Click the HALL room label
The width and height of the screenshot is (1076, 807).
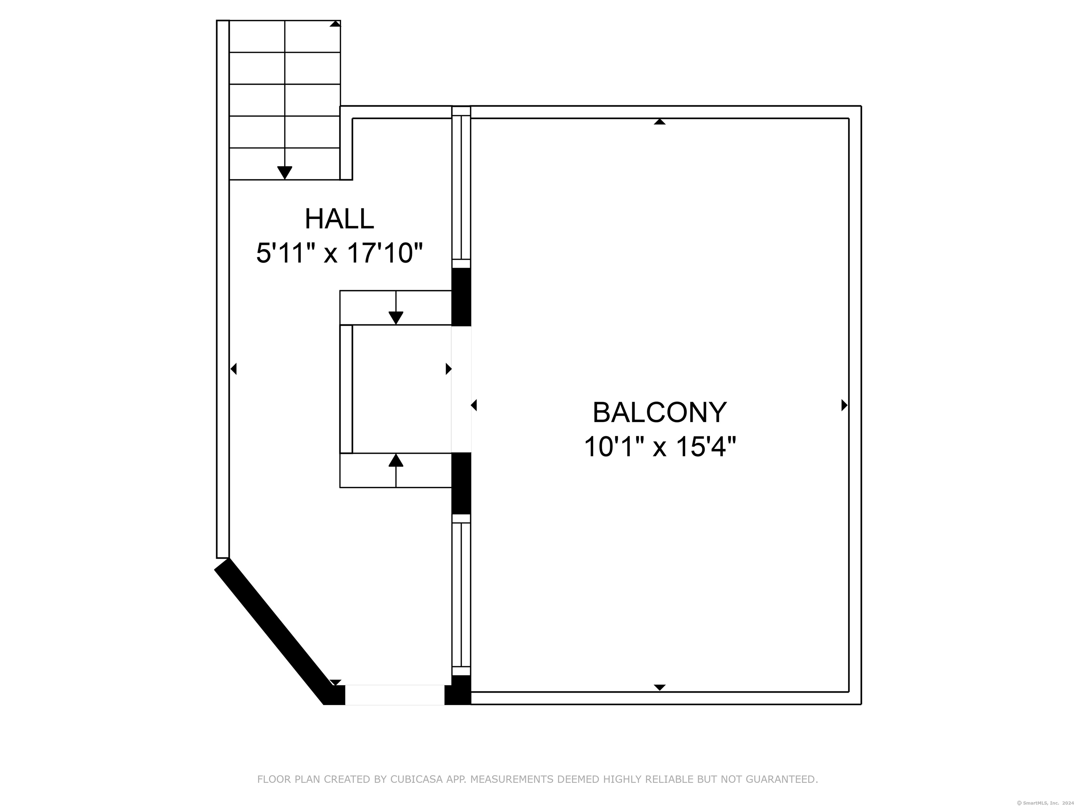(x=339, y=219)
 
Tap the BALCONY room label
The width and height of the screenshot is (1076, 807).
(x=659, y=413)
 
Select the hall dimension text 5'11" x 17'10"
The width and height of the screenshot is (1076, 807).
(x=339, y=254)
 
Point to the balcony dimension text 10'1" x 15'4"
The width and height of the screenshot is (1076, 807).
(x=660, y=447)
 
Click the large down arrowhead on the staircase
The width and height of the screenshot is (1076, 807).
(x=284, y=172)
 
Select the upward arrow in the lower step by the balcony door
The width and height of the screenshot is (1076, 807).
(x=396, y=470)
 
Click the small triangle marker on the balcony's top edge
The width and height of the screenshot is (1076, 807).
(x=660, y=122)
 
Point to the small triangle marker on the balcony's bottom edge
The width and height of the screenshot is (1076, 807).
(x=660, y=687)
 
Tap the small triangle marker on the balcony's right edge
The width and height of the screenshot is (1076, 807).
(x=844, y=405)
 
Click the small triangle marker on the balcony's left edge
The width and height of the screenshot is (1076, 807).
(x=474, y=405)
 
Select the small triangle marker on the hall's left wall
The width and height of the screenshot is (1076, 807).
(x=234, y=369)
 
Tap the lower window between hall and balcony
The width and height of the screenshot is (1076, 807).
(x=461, y=595)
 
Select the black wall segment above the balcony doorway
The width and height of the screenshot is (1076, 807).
(x=461, y=297)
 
